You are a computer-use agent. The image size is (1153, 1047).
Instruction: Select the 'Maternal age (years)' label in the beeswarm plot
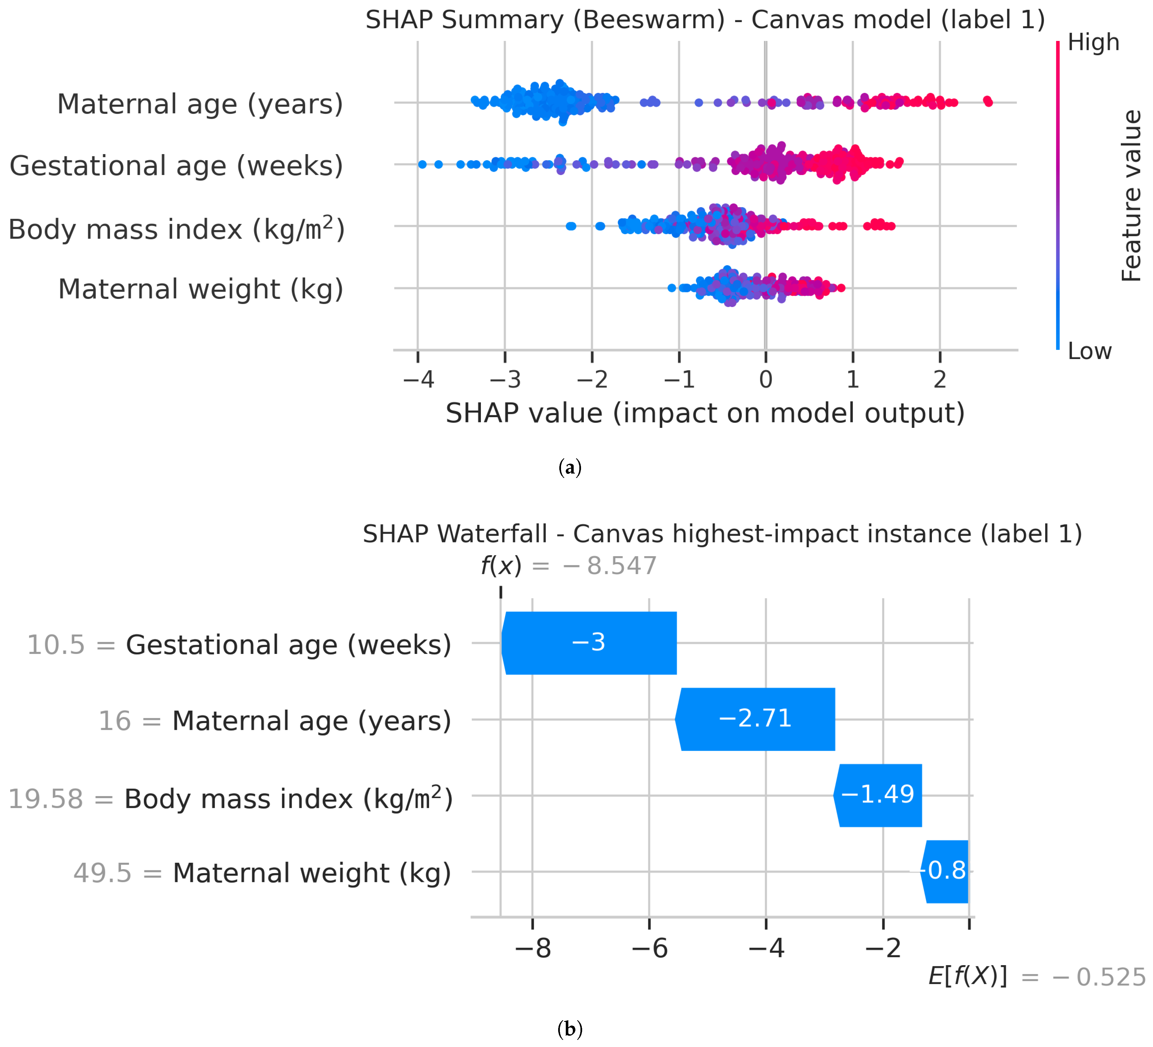pyautogui.click(x=200, y=104)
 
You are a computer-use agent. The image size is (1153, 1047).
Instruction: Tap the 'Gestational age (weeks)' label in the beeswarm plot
pyautogui.click(x=176, y=166)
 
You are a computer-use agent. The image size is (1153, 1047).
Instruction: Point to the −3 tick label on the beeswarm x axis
pyautogui.click(x=505, y=379)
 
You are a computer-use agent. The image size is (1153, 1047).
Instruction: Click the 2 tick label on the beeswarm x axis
pyautogui.click(x=940, y=379)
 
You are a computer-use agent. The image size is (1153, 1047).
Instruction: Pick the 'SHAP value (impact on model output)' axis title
pyautogui.click(x=705, y=413)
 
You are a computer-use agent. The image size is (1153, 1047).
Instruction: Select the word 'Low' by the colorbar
pyautogui.click(x=1090, y=351)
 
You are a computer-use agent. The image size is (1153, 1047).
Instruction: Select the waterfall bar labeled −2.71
pyautogui.click(x=755, y=719)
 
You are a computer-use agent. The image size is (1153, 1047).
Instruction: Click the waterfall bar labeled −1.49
pyautogui.click(x=878, y=795)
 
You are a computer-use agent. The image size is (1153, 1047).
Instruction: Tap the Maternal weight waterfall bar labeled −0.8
pyautogui.click(x=945, y=871)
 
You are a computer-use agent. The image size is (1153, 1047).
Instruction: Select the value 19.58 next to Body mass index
pyautogui.click(x=46, y=799)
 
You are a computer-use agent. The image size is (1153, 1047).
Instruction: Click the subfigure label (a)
pyautogui.click(x=570, y=467)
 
